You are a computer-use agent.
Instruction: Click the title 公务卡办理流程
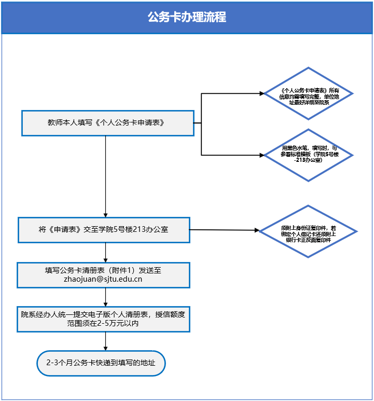click(x=187, y=17)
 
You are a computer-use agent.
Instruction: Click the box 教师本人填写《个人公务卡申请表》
click(x=107, y=123)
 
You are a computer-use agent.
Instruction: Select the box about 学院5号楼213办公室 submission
click(x=104, y=229)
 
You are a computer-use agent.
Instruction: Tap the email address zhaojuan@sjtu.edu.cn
click(x=103, y=279)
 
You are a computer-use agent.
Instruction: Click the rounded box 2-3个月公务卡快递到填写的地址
click(x=101, y=363)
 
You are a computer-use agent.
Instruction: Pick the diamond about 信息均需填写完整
click(x=309, y=94)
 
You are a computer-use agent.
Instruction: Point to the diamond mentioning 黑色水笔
click(x=309, y=155)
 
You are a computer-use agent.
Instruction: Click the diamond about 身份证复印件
click(x=309, y=231)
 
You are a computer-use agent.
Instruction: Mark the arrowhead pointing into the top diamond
click(x=261, y=94)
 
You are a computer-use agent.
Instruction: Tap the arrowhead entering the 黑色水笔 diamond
click(x=261, y=155)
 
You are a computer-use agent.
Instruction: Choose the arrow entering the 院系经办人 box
click(x=106, y=302)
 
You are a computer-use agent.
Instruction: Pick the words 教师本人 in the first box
click(x=62, y=123)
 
